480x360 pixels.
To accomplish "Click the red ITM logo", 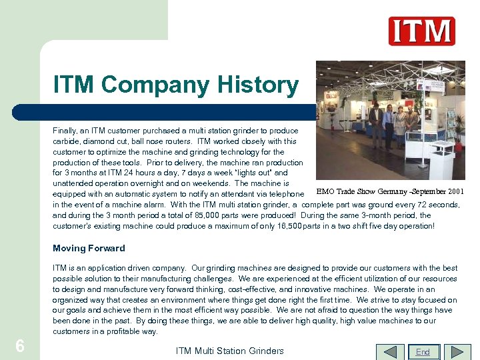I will [421, 31].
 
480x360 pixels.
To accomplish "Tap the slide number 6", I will [20, 346].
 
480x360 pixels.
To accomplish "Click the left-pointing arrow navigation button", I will [391, 351].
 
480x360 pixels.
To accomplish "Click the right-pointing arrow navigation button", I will [457, 351].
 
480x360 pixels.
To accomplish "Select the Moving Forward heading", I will [89, 248].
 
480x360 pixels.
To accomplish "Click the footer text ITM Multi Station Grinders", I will [229, 351].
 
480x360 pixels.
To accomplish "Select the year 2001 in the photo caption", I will [457, 193].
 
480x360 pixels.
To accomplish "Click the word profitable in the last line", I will [122, 331].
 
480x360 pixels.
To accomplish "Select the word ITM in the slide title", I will [75, 85].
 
